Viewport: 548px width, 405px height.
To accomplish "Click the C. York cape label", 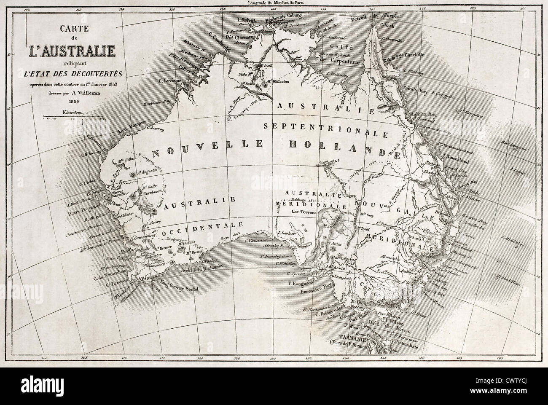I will click(x=387, y=24).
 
